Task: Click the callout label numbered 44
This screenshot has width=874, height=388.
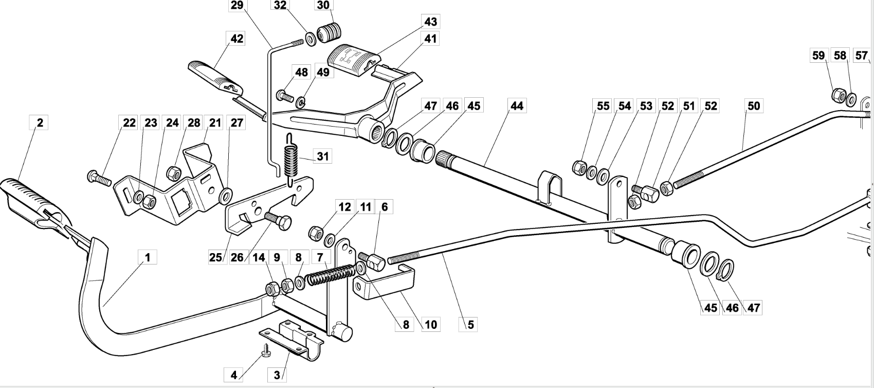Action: (517, 106)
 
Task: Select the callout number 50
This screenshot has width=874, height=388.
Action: (753, 106)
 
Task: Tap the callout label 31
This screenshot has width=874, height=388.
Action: (323, 156)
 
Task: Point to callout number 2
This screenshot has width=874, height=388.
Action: (40, 122)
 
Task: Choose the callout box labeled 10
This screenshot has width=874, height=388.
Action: (430, 324)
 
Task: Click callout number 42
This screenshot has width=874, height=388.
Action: (237, 39)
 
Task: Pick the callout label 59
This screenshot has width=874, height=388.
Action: (818, 56)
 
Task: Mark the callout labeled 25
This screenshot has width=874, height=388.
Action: (215, 257)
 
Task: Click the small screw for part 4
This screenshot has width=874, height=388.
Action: (267, 349)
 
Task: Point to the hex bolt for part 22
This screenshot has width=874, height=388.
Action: (99, 178)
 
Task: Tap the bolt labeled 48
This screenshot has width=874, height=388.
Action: (285, 96)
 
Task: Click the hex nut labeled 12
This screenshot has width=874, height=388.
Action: (316, 233)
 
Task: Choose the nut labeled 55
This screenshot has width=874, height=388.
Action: (579, 168)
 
